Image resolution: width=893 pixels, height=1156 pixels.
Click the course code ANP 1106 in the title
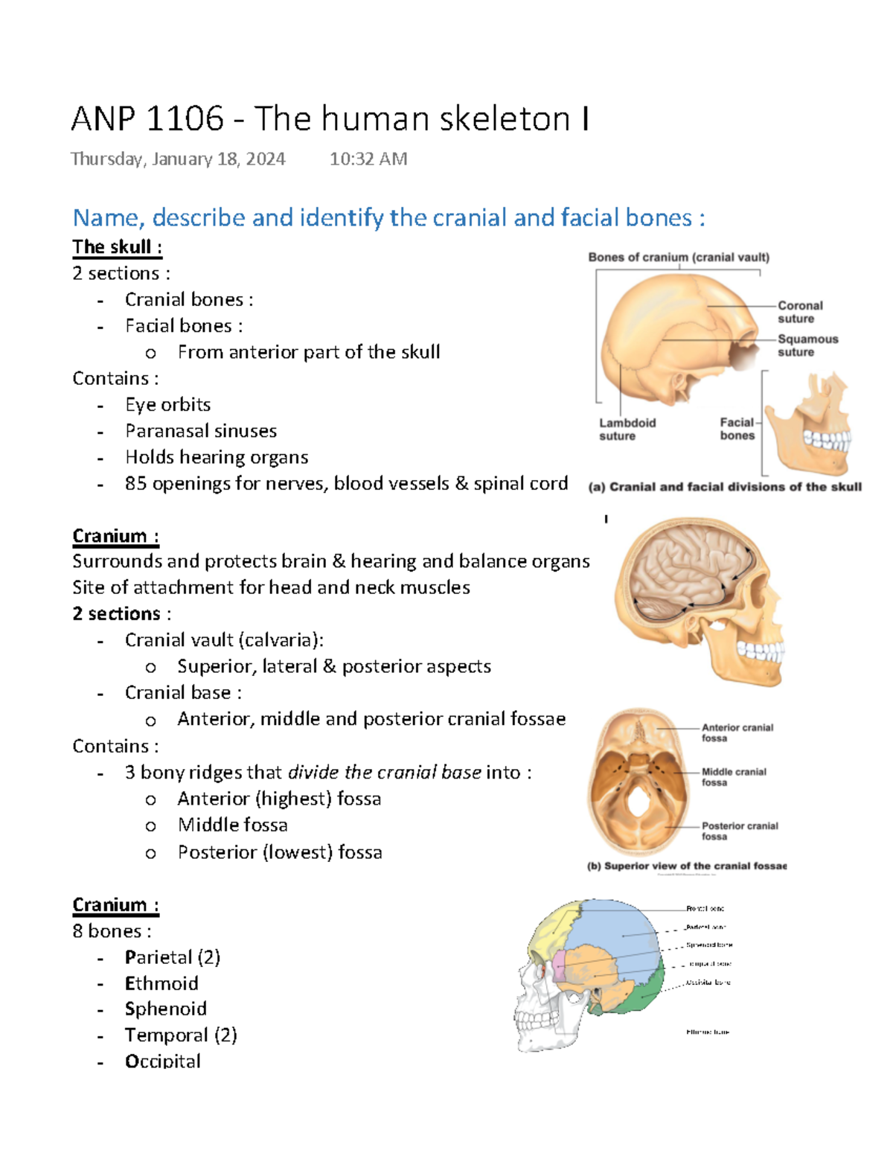click(147, 119)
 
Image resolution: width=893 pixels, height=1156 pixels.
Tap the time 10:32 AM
click(368, 159)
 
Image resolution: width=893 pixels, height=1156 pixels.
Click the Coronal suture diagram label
click(800, 312)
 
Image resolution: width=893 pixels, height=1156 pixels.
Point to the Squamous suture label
click(807, 345)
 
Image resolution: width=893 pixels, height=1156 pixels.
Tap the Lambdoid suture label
click(627, 429)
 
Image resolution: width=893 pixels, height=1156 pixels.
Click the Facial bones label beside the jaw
click(737, 429)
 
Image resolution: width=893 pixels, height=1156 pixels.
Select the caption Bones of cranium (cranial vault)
click(678, 258)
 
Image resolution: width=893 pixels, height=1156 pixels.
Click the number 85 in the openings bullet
click(135, 484)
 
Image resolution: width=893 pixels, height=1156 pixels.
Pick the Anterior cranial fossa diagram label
click(737, 732)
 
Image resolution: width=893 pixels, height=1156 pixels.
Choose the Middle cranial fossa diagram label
click(733, 777)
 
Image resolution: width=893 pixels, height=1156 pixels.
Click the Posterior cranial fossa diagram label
click(739, 831)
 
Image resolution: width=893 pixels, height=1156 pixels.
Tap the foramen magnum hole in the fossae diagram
click(638, 802)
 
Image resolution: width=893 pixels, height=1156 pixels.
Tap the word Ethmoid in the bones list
click(161, 983)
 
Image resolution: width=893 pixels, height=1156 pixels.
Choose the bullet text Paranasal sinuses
click(201, 431)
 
